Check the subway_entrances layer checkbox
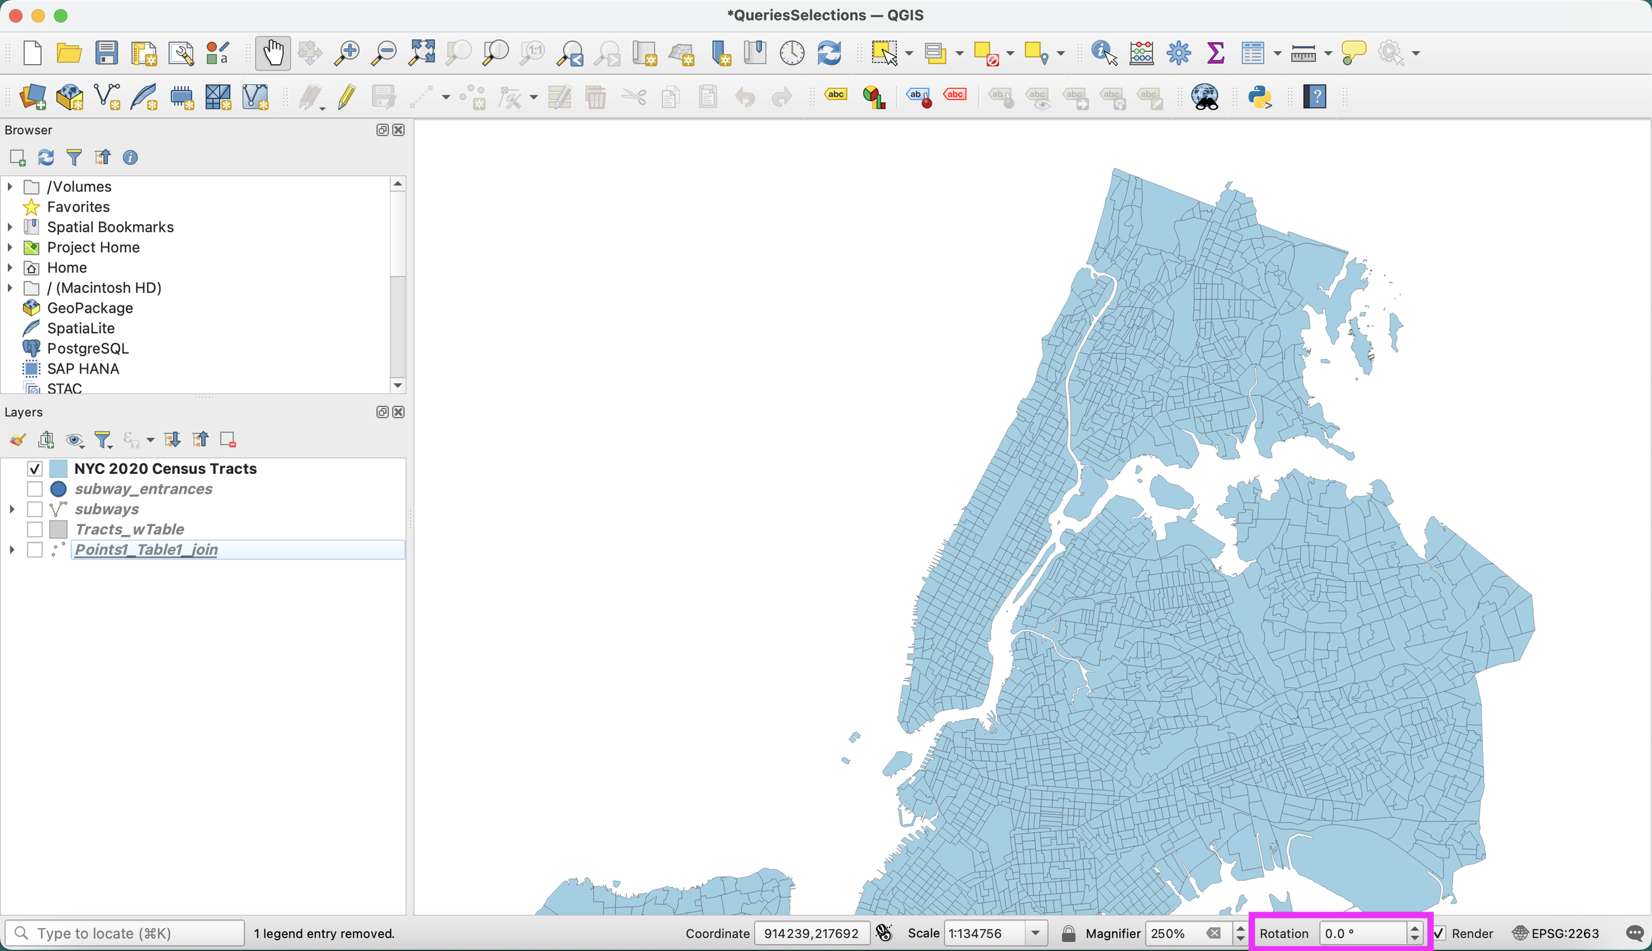[x=34, y=489]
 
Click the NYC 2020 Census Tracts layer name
[x=165, y=469]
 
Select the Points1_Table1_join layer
[x=146, y=550]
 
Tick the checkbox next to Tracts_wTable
[x=34, y=529]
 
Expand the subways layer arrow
[x=12, y=510]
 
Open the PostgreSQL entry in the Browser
[x=87, y=348]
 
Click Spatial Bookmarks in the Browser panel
[x=110, y=227]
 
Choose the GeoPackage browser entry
[x=90, y=308]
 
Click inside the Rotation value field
[x=1361, y=933]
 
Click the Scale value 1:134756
[x=985, y=933]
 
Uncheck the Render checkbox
[x=1439, y=933]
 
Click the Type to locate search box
[x=126, y=933]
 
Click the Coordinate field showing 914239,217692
[x=811, y=933]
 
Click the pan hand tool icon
[x=272, y=53]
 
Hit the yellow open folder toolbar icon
[x=69, y=53]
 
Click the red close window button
[x=16, y=15]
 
